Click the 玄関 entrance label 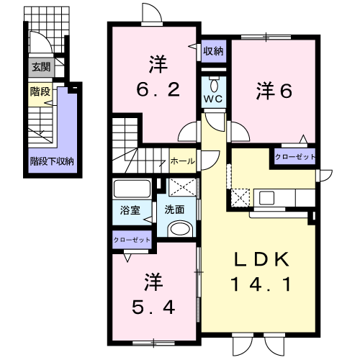pos(41,67)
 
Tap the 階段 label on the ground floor pos(40,91)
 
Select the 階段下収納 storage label pos(52,161)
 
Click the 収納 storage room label pos(213,51)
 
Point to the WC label pos(213,99)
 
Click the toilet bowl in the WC pos(214,84)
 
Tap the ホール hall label pos(183,161)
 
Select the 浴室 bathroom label pos(130,210)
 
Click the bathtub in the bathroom pos(132,189)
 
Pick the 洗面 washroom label pos(174,210)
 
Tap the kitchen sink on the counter pos(266,198)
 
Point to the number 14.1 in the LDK pos(261,284)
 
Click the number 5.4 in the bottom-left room pos(153,307)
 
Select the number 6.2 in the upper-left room pos(158,89)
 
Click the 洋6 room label pos(274,91)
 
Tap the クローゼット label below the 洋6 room pos(295,157)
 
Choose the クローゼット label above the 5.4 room pos(132,240)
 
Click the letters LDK pos(261,259)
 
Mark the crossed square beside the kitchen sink pos(240,197)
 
